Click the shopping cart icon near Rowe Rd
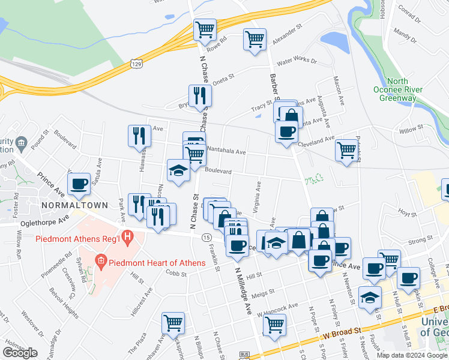coord(205,29)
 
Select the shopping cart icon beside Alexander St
coord(255,39)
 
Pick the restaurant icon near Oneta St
coord(200,95)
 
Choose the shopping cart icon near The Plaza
coord(173,322)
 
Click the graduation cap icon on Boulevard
coord(178,170)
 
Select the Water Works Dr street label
coord(296,61)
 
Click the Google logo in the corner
coord(20,353)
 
